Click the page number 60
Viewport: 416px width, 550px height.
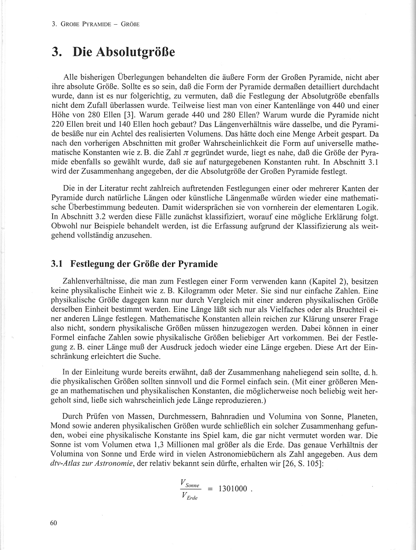(54, 523)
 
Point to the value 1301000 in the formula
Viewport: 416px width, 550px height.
(233, 489)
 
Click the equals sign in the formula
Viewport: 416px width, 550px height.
(210, 489)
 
